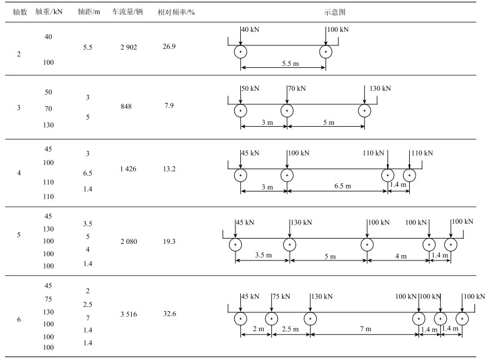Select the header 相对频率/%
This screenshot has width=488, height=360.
(x=171, y=12)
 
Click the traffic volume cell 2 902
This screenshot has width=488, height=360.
(x=127, y=47)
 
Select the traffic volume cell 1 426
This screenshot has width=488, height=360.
(x=128, y=170)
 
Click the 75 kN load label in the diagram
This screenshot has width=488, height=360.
(x=281, y=296)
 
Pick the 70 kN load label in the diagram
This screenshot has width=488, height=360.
(x=297, y=88)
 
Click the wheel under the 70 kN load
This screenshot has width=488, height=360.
(x=287, y=111)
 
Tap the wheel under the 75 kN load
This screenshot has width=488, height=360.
(x=271, y=319)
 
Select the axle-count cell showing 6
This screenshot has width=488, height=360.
(x=19, y=319)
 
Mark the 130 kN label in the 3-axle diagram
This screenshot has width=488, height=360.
(x=380, y=88)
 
